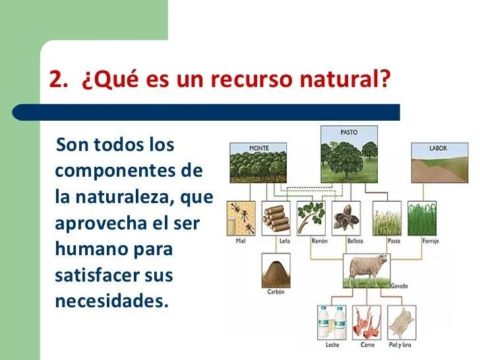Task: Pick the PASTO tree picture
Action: click(349, 155)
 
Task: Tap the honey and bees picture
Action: click(241, 218)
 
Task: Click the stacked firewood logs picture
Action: click(276, 218)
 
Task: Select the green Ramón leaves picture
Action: click(313, 218)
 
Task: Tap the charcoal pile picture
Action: click(276, 270)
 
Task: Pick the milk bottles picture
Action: click(332, 322)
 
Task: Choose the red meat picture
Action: click(366, 322)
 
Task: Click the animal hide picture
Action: click(401, 322)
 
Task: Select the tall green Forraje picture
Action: click(422, 218)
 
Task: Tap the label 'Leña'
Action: click(276, 241)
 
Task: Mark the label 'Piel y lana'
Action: click(401, 345)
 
